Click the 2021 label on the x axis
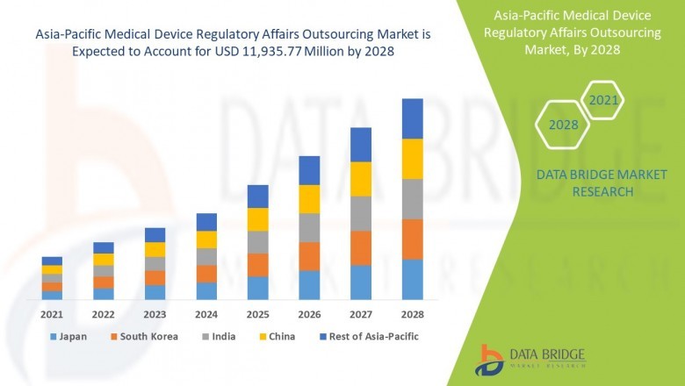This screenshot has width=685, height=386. click(x=52, y=314)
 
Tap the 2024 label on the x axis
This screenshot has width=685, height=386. click(x=206, y=314)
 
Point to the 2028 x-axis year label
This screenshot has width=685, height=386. click(x=412, y=314)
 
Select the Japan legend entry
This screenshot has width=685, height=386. click(x=69, y=336)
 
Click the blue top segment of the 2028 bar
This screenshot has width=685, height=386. click(x=412, y=118)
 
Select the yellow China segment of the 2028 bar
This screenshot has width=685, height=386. click(x=412, y=159)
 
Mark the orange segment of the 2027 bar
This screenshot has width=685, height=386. click(x=361, y=248)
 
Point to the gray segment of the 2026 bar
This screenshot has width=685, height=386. click(x=309, y=227)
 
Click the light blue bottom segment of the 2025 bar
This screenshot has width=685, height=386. click(x=257, y=288)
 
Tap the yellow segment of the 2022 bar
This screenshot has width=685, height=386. click(x=104, y=260)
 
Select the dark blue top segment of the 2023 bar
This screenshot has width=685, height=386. click(x=155, y=235)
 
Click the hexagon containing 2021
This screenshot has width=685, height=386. click(x=602, y=101)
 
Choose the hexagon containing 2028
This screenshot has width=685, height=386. click(x=563, y=125)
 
